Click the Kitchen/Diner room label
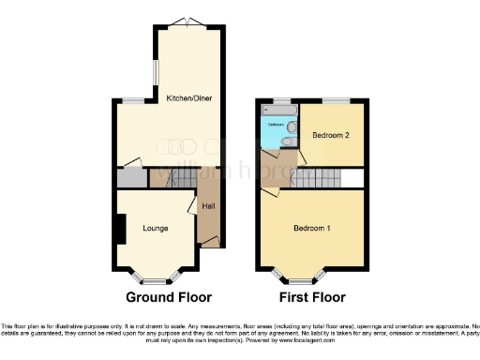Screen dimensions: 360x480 (x=187, y=98)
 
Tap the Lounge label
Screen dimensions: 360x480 (x=156, y=228)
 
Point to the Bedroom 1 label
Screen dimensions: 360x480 (x=311, y=229)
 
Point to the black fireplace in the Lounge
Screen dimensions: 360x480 (x=119, y=230)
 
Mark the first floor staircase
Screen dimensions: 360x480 (x=317, y=178)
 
